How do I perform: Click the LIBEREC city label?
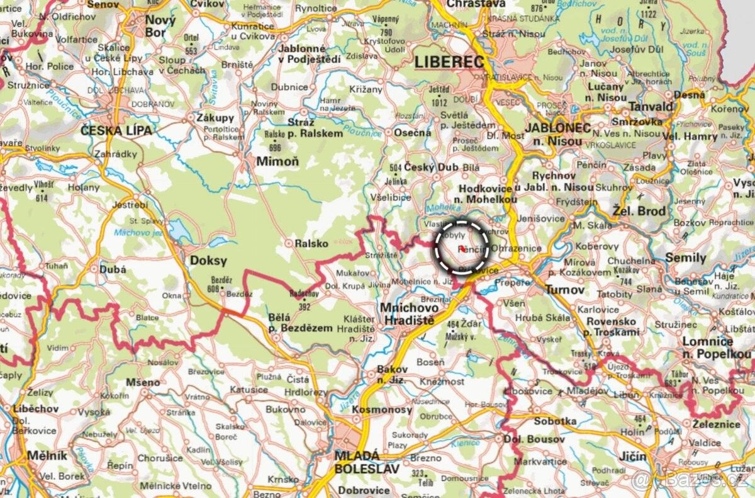click(x=449, y=62)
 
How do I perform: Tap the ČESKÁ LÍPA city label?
click(x=116, y=131)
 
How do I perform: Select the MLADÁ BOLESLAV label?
click(x=357, y=461)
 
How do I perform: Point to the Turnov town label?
click(x=565, y=291)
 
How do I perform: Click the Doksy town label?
click(x=208, y=261)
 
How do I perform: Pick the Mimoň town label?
click(x=277, y=162)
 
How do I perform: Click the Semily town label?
click(x=685, y=258)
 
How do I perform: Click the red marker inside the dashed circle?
click(x=462, y=249)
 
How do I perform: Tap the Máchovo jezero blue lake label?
click(x=138, y=233)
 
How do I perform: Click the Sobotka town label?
click(x=555, y=421)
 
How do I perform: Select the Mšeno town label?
click(x=143, y=382)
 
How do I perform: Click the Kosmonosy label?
click(x=382, y=410)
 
